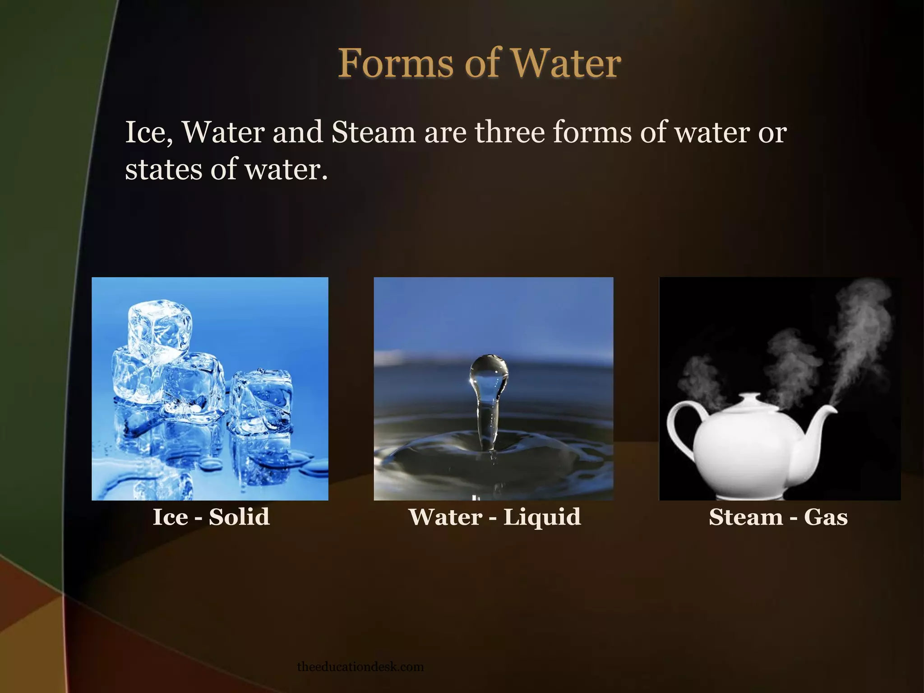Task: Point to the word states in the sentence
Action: pyautogui.click(x=163, y=170)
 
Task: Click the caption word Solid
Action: pyautogui.click(x=239, y=517)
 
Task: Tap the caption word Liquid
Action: pyautogui.click(x=542, y=517)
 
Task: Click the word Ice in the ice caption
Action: pyautogui.click(x=171, y=517)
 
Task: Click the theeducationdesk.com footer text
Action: pyautogui.click(x=360, y=667)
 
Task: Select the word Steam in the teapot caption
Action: pyautogui.click(x=745, y=517)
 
